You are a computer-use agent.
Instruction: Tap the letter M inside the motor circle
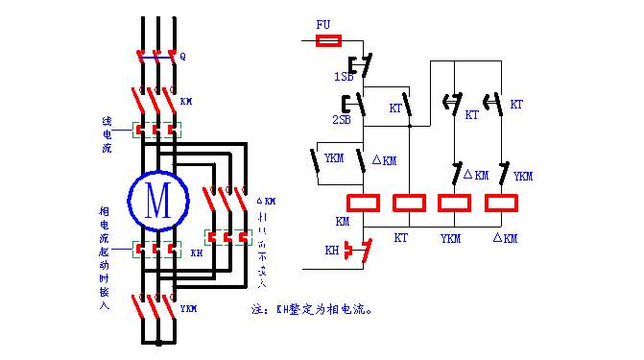pyautogui.click(x=156, y=199)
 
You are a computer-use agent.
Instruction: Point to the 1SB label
pyautogui.click(x=342, y=76)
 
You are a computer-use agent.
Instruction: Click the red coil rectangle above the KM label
pyautogui.click(x=364, y=203)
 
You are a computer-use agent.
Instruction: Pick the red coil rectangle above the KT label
pyautogui.click(x=410, y=203)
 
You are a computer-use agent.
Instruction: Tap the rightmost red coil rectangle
pyautogui.click(x=503, y=203)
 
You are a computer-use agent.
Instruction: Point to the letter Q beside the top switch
pyautogui.click(x=182, y=56)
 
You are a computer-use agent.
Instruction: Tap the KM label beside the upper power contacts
pyautogui.click(x=186, y=100)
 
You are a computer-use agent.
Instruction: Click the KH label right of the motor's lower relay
pyautogui.click(x=196, y=253)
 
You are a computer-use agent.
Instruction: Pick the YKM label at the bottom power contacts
pyautogui.click(x=189, y=309)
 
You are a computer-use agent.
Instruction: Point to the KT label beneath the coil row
pyautogui.click(x=401, y=235)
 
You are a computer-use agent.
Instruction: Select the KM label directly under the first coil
pyautogui.click(x=344, y=222)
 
